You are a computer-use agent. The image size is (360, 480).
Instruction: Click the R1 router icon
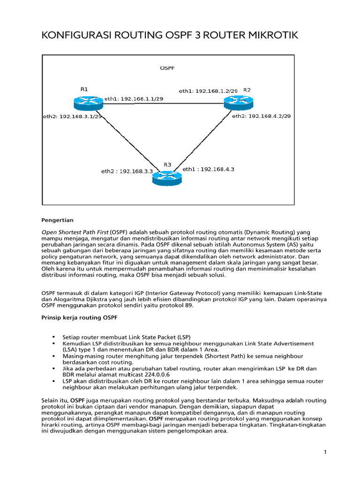pyautogui.click(x=88, y=102)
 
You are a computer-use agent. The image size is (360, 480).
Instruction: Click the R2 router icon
pyautogui.click(x=238, y=102)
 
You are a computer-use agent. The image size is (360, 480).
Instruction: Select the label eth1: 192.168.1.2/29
pyautogui.click(x=209, y=91)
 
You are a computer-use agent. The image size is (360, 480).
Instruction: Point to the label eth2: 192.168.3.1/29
pyautogui.click(x=73, y=116)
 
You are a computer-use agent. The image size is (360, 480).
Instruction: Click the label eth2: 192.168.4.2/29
pyautogui.click(x=262, y=116)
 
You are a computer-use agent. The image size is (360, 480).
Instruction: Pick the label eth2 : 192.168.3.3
pyautogui.click(x=127, y=172)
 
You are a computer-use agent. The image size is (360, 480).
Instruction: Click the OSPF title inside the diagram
pyautogui.click(x=167, y=68)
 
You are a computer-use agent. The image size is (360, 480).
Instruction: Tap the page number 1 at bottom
pyautogui.click(x=324, y=452)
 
